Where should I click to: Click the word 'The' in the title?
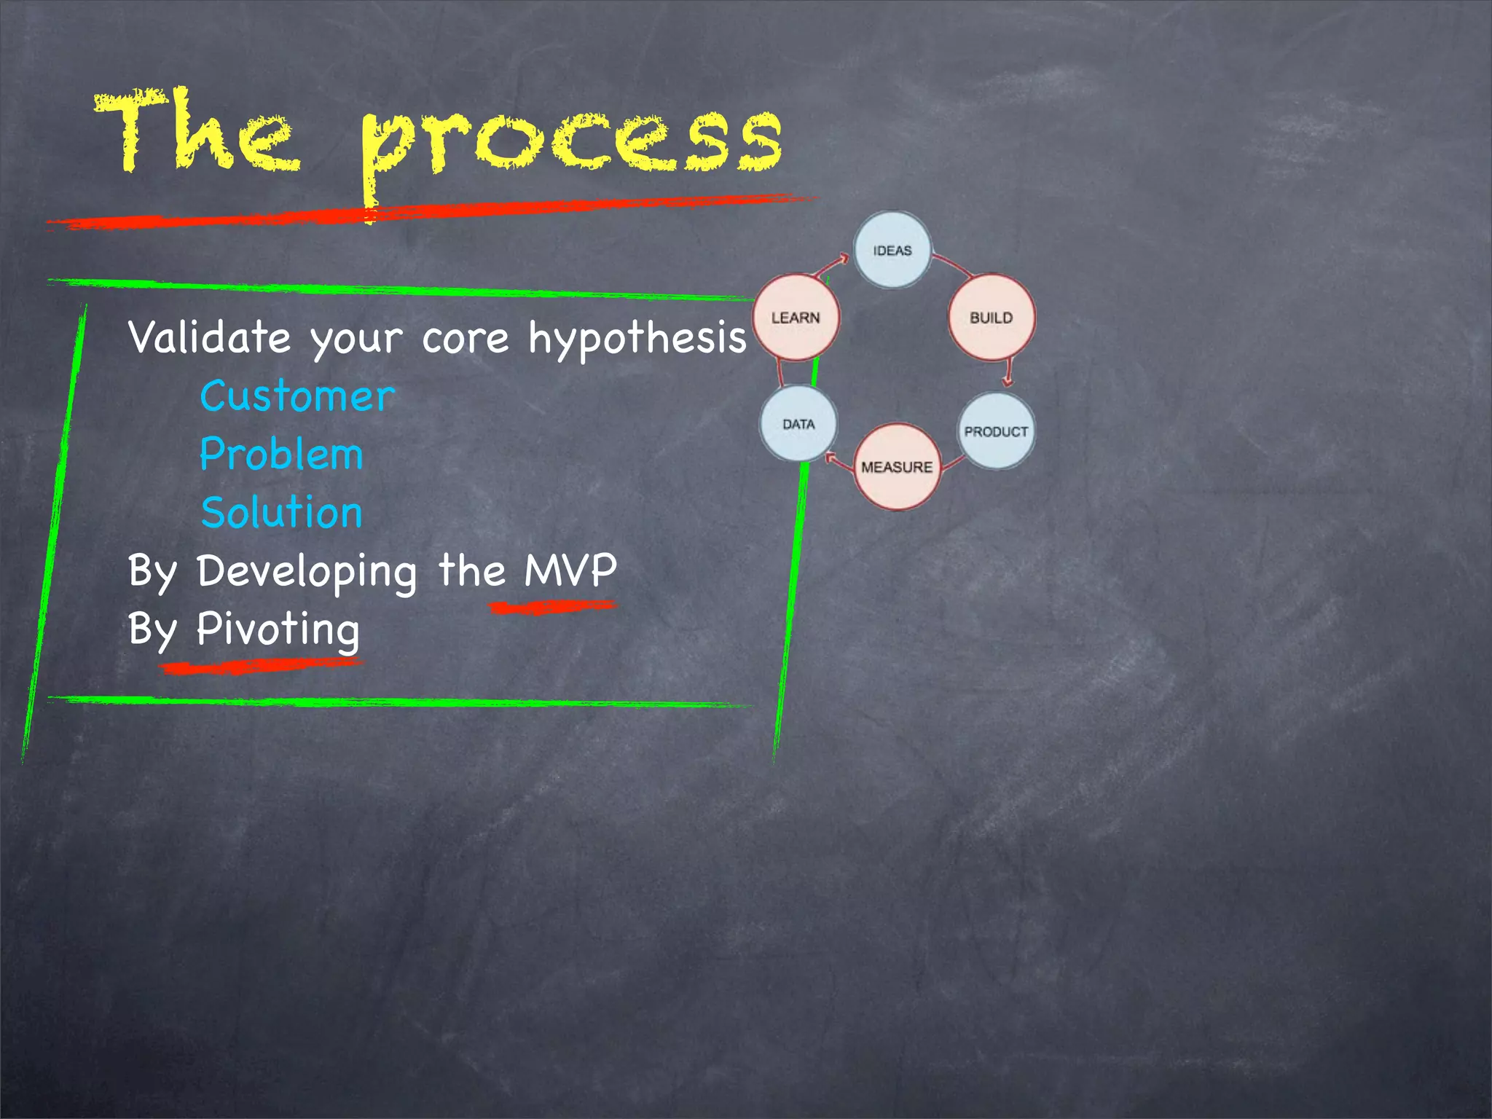197,131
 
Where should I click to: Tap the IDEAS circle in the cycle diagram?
892,250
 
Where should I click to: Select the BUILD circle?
991,317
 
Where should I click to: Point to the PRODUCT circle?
995,431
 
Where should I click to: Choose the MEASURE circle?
896,466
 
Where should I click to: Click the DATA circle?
798,424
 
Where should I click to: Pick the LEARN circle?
796,317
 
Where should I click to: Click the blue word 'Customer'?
297,397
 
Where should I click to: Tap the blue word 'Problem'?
281,455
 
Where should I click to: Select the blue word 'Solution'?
281,512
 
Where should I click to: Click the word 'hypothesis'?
637,339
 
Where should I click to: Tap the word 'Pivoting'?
278,629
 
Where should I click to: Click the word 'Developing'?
307,571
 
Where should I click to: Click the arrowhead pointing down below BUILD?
1008,380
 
